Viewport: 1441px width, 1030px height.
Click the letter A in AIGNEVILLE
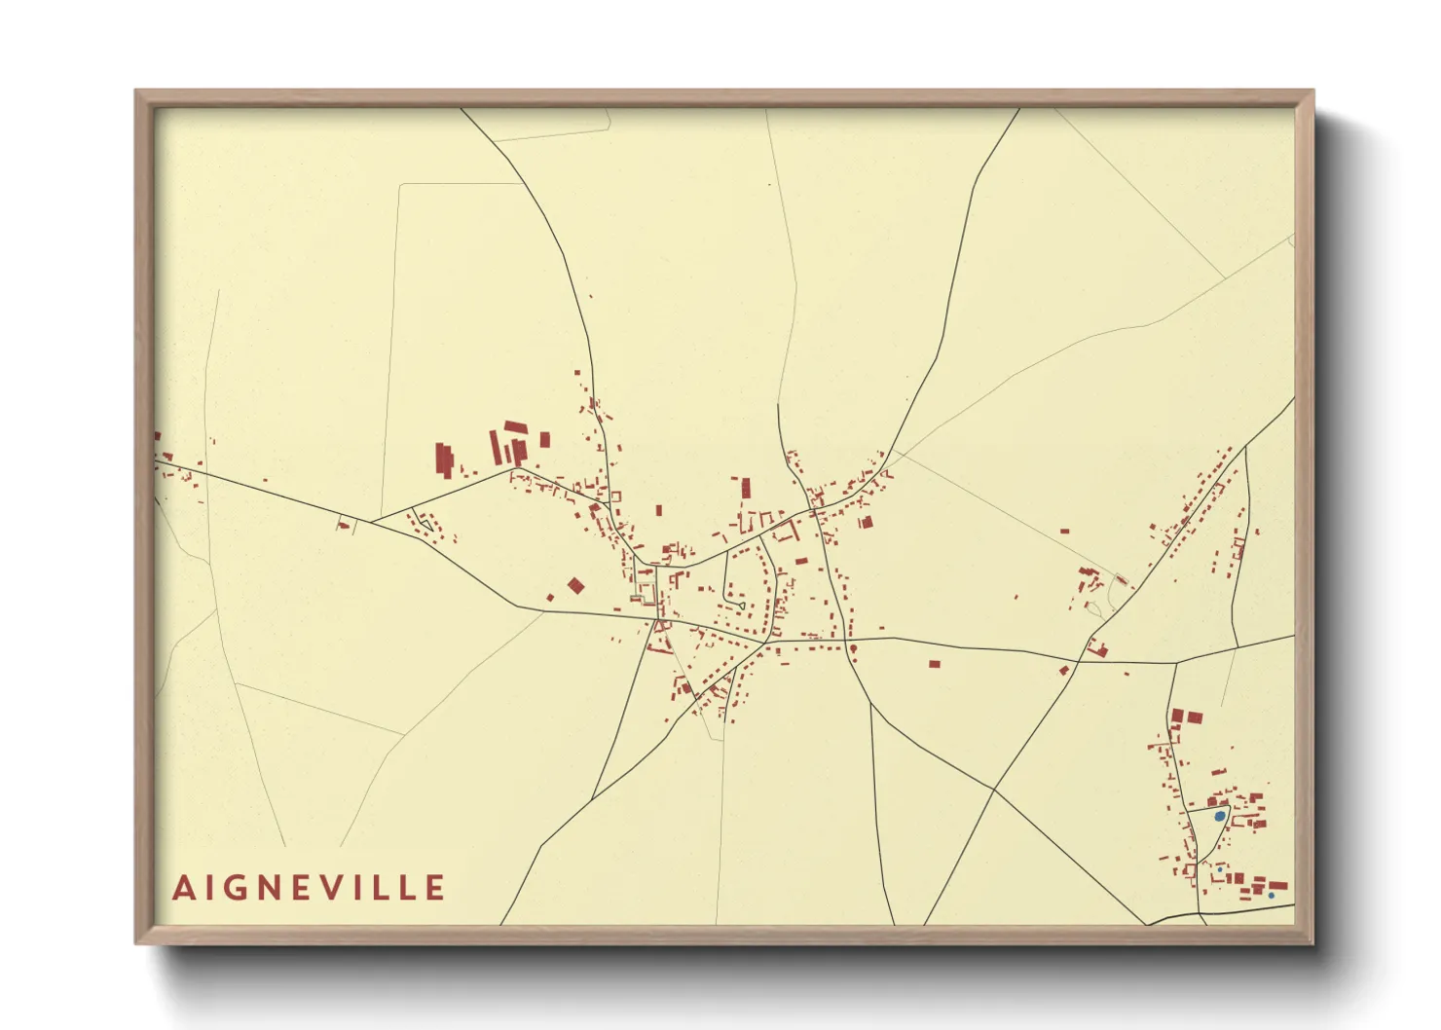(183, 888)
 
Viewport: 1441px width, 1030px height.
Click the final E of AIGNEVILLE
(437, 888)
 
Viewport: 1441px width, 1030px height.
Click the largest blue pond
(1220, 816)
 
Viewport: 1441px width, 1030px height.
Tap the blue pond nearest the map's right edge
(1271, 895)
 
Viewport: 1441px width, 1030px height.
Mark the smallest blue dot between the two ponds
(1219, 869)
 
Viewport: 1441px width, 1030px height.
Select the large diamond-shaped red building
(575, 585)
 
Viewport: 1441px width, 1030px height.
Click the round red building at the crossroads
(853, 647)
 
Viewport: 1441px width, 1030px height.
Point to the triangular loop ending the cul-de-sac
(742, 605)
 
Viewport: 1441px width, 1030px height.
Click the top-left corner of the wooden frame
(136, 92)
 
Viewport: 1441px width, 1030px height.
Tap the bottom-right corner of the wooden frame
(1312, 942)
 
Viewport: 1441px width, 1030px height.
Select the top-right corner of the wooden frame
(1312, 92)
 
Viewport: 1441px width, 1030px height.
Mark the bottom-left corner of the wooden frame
(136, 942)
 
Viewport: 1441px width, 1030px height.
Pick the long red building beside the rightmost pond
(1278, 886)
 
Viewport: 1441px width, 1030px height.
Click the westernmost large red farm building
(444, 460)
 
